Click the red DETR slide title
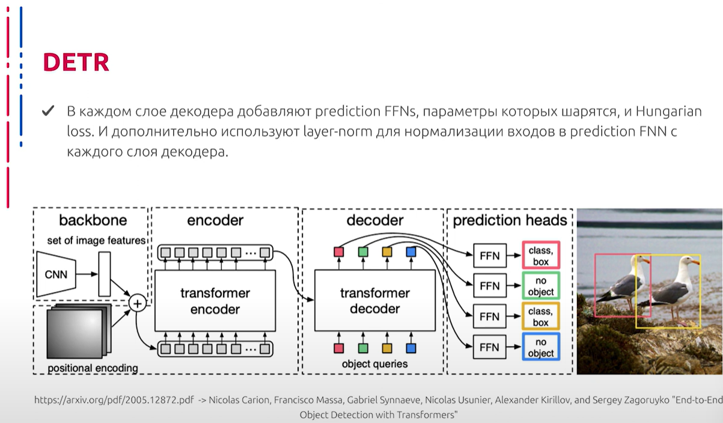pyautogui.click(x=76, y=62)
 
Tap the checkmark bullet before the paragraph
pyautogui.click(x=48, y=111)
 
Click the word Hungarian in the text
pyautogui.click(x=669, y=112)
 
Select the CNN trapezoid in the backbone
pyautogui.click(x=56, y=274)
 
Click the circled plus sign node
pyautogui.click(x=138, y=303)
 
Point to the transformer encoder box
pyautogui.click(x=215, y=300)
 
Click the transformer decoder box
pyautogui.click(x=375, y=300)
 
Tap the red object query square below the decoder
pyautogui.click(x=338, y=348)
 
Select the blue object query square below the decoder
pyautogui.click(x=411, y=348)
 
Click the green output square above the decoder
pyautogui.click(x=363, y=252)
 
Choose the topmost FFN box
pyautogui.click(x=490, y=256)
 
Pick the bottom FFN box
pyautogui.click(x=489, y=347)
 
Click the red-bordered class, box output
pyautogui.click(x=541, y=255)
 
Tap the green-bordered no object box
pyautogui.click(x=541, y=286)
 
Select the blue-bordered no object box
pyautogui.click(x=541, y=347)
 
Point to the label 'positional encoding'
pyautogui.click(x=93, y=368)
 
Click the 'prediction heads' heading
pyautogui.click(x=510, y=220)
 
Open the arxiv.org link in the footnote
pyautogui.click(x=114, y=400)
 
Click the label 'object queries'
pyautogui.click(x=375, y=364)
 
